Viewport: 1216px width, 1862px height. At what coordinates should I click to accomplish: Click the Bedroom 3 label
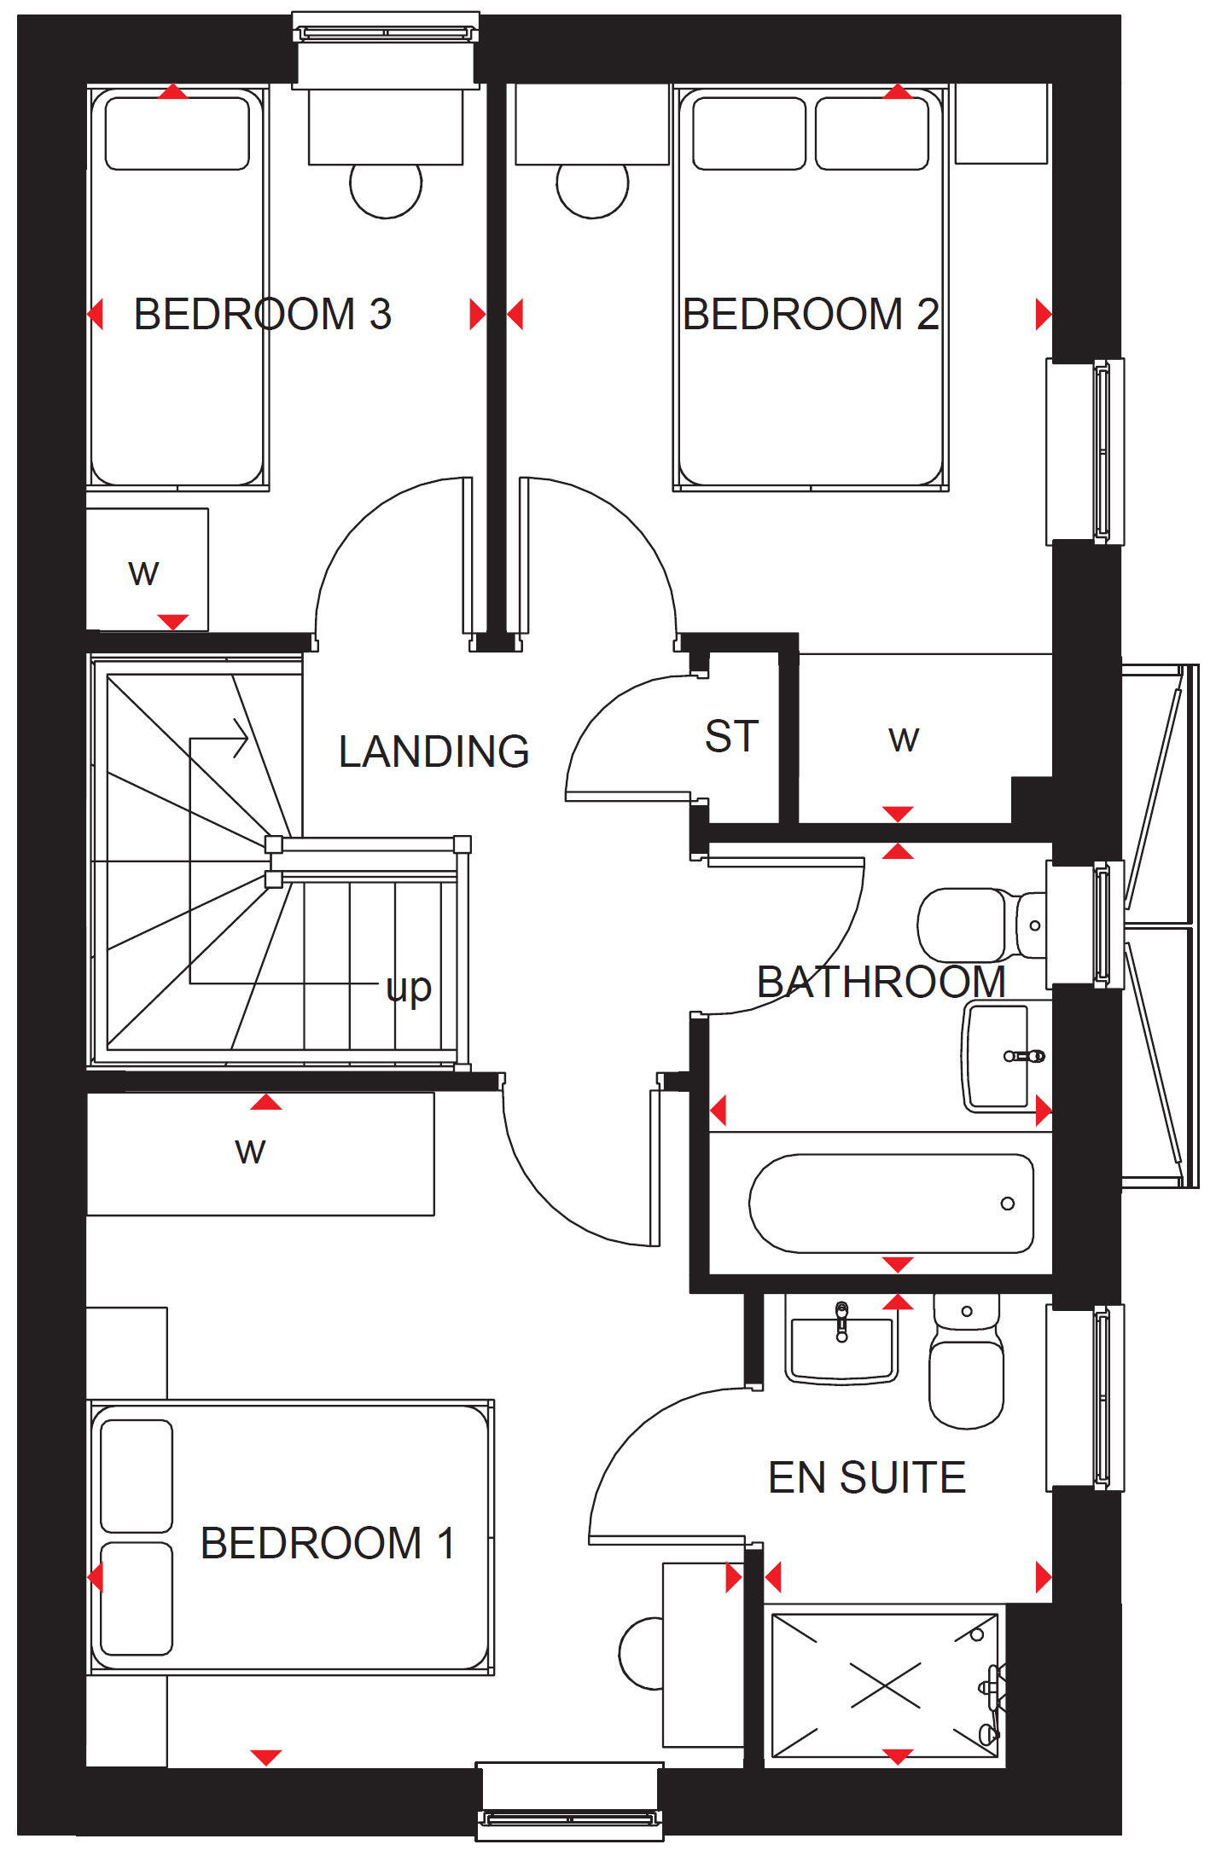263,314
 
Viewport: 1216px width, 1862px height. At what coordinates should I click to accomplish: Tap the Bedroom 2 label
811,314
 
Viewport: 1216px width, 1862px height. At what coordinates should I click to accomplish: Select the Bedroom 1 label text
328,1543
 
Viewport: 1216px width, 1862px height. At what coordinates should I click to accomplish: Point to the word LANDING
433,751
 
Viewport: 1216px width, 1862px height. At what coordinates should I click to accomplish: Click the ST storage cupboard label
732,736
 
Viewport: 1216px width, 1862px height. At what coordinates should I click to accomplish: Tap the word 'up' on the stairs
409,989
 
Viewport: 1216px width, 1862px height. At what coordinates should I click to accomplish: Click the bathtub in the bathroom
892,1204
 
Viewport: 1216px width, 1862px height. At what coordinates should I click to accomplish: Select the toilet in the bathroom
981,925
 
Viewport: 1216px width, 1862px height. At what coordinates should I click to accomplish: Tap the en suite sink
841,1342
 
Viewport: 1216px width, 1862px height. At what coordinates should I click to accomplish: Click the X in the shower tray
886,1685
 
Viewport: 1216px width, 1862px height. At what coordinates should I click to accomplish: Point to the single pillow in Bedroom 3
177,133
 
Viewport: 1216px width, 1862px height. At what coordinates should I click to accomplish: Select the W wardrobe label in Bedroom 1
250,1151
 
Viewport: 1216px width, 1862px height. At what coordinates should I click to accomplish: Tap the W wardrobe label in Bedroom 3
143,573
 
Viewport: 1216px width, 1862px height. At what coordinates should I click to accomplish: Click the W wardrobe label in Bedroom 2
904,740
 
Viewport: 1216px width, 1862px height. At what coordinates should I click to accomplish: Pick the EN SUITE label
867,1477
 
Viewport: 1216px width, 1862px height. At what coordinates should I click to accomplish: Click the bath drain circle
1008,1204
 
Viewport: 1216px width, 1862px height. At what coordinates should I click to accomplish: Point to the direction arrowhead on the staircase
241,739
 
